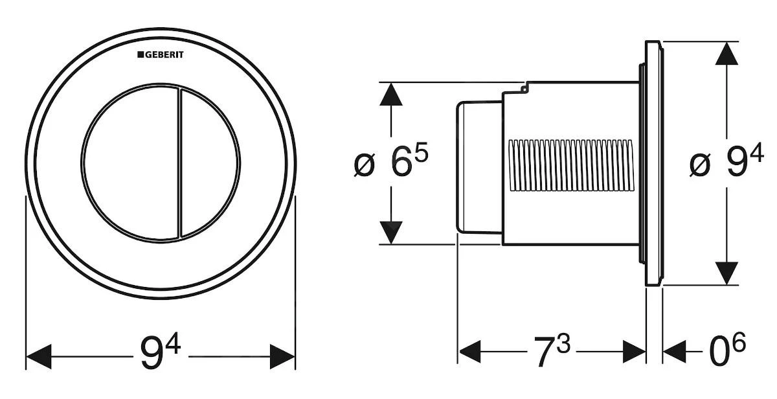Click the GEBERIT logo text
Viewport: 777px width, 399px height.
(x=160, y=55)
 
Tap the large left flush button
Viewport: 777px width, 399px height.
(x=128, y=163)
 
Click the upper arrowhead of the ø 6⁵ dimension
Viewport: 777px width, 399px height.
(x=391, y=95)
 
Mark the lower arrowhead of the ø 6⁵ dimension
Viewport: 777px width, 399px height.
(x=391, y=232)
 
